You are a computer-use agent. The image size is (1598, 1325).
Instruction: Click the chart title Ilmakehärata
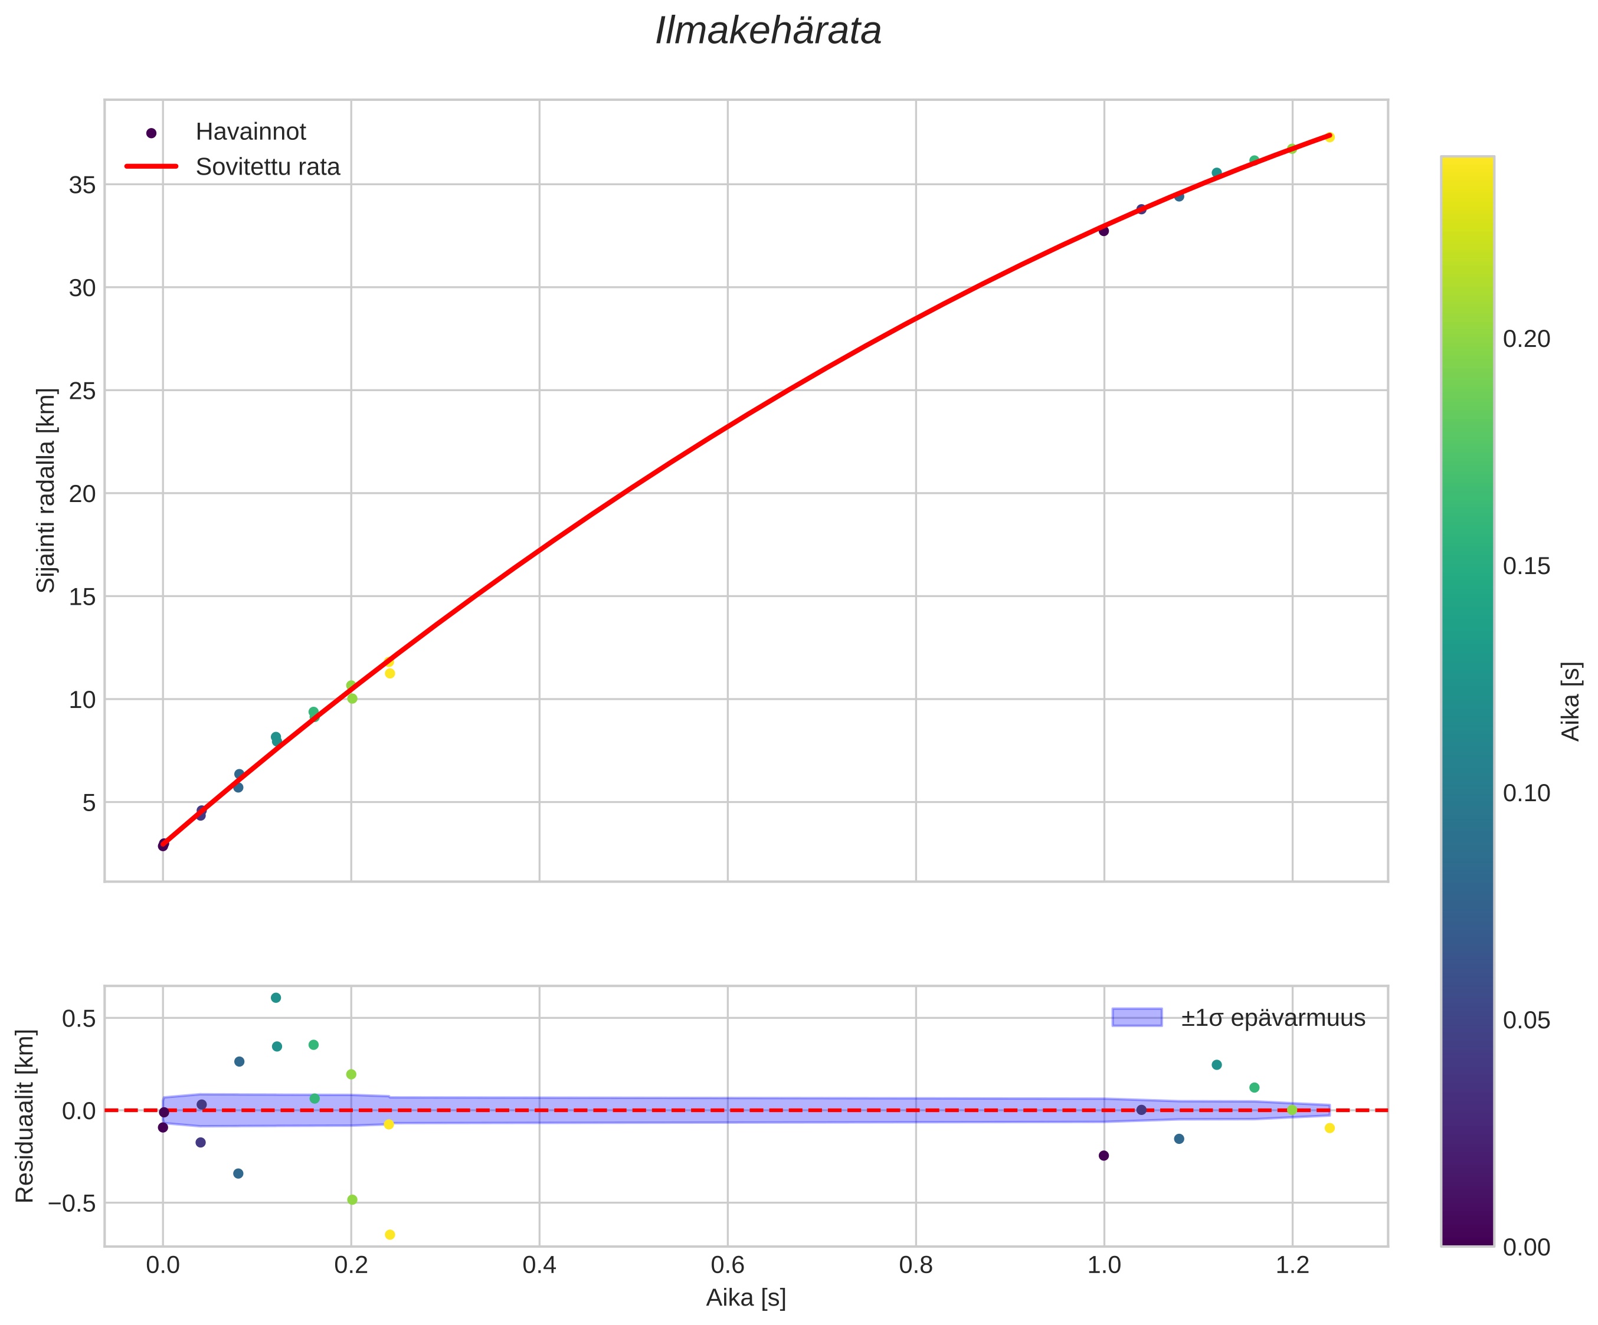coord(768,32)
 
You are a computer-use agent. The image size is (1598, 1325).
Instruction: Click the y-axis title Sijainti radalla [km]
coord(47,491)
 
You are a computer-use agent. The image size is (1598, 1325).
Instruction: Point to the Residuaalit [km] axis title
coord(25,1116)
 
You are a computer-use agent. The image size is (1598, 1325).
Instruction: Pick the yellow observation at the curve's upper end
coord(1330,137)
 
